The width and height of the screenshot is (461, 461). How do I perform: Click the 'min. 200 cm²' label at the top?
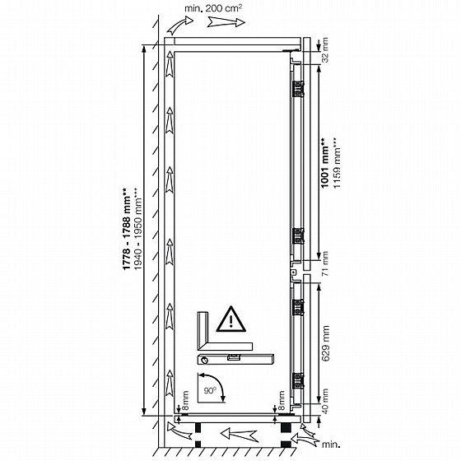[x=213, y=8]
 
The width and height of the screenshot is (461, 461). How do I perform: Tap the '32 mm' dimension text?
[x=325, y=50]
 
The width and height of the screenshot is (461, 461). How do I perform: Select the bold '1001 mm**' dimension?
[x=325, y=163]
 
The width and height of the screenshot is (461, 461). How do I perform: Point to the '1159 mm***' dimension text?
[x=337, y=163]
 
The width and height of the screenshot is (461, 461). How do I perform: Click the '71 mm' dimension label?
[x=325, y=263]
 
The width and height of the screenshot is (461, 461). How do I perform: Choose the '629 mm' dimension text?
[x=325, y=343]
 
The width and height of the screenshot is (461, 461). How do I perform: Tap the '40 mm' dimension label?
[x=325, y=402]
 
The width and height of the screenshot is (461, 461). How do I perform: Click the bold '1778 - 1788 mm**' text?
[x=127, y=229]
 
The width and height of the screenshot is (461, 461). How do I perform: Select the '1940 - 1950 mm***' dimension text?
[x=138, y=229]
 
